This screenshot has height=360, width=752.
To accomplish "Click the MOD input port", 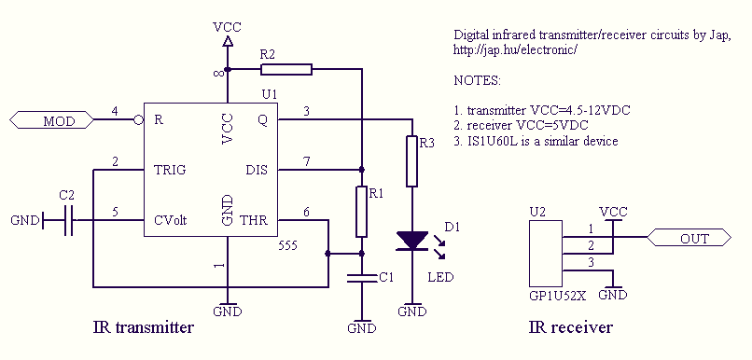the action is (x=52, y=119).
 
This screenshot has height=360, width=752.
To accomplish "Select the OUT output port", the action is (x=689, y=237).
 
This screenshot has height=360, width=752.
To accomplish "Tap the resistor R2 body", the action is (x=286, y=70).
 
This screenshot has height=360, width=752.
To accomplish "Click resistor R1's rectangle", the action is (x=362, y=212).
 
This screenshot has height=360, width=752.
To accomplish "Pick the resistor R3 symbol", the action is (x=412, y=161).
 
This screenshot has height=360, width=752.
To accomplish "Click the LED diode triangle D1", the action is (x=412, y=241).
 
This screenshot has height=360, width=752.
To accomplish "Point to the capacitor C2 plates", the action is (x=68, y=220).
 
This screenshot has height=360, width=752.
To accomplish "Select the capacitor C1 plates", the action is (x=362, y=279).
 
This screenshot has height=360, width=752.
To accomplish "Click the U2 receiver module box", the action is (x=546, y=253).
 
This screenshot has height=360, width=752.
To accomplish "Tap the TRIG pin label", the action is (x=170, y=170).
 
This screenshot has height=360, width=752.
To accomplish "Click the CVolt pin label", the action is (x=170, y=220).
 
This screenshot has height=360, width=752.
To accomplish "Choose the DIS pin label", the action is (x=257, y=170).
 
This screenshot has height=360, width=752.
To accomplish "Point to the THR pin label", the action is (x=253, y=220).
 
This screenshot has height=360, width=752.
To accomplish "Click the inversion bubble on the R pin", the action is (x=139, y=119).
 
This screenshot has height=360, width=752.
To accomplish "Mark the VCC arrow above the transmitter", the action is (x=228, y=42).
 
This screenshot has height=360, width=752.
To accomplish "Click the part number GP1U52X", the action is (x=557, y=296).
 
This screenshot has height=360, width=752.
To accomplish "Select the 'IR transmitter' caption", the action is (x=143, y=327).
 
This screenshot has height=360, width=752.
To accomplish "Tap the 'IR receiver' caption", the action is (x=571, y=327).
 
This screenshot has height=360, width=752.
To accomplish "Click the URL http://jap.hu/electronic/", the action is (x=514, y=49).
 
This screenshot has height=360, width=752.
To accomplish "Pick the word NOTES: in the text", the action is (x=477, y=80).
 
